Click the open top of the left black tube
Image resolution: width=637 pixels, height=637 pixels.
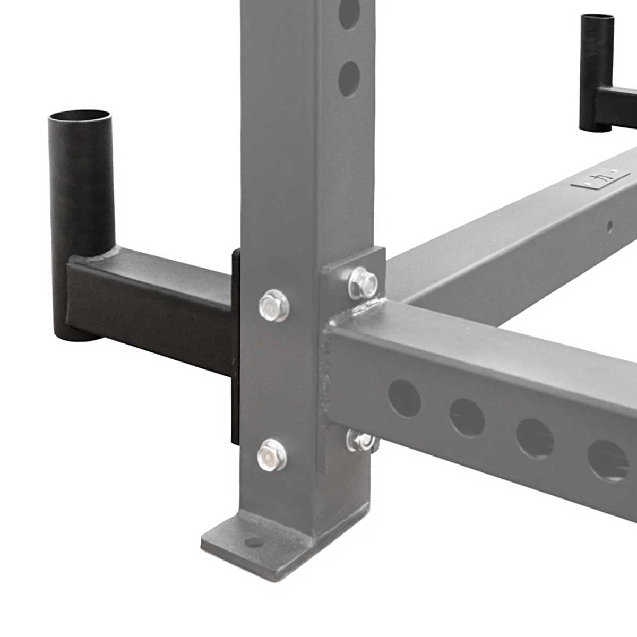pyautogui.click(x=80, y=116)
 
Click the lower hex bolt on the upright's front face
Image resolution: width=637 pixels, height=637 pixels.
pyautogui.click(x=271, y=455)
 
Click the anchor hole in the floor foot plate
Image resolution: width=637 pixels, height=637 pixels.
pyautogui.click(x=254, y=542)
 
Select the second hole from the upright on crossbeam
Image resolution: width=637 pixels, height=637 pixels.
pyautogui.click(x=468, y=417)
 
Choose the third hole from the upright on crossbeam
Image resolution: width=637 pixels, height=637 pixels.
pyautogui.click(x=535, y=438)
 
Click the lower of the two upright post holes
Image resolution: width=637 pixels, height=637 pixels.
pyautogui.click(x=349, y=79)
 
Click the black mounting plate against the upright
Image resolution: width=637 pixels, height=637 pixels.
pyautogui.click(x=235, y=345)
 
